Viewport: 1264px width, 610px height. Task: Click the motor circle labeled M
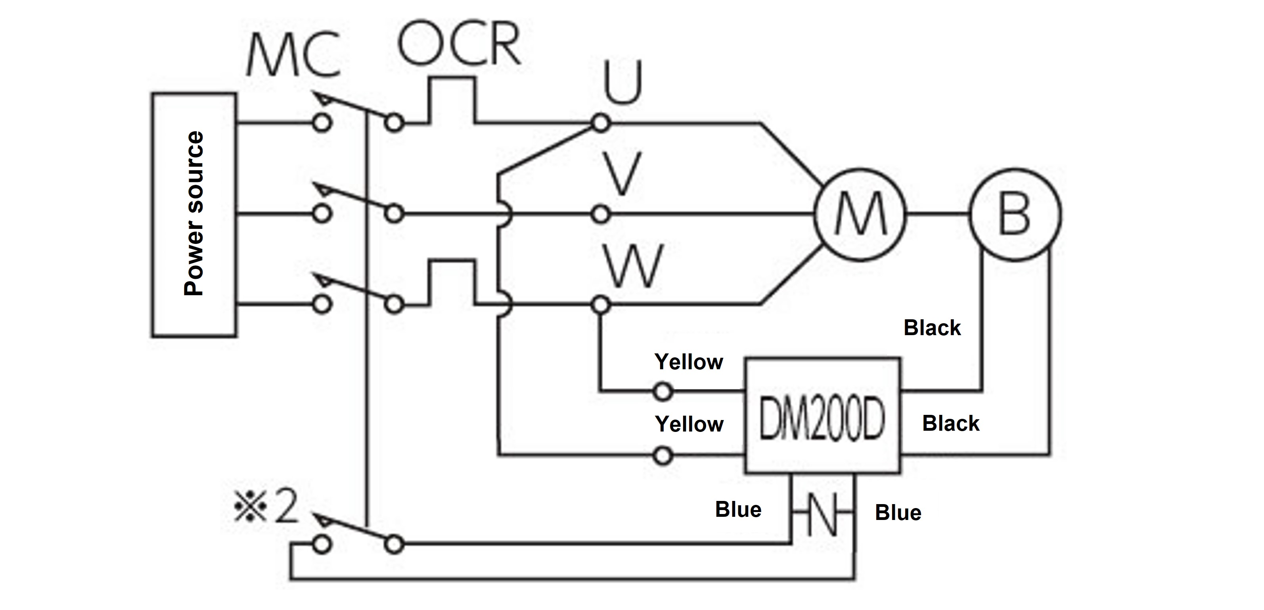[x=860, y=215]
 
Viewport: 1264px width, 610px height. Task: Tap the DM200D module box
[x=822, y=416]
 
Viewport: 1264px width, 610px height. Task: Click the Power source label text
[x=194, y=213]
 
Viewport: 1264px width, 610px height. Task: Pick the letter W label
[x=633, y=267]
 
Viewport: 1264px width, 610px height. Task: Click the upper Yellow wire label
[x=688, y=362]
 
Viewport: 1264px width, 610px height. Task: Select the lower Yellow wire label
[x=689, y=424]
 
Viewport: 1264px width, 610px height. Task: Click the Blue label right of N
[x=898, y=512]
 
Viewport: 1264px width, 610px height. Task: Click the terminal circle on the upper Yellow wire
[x=663, y=391]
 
